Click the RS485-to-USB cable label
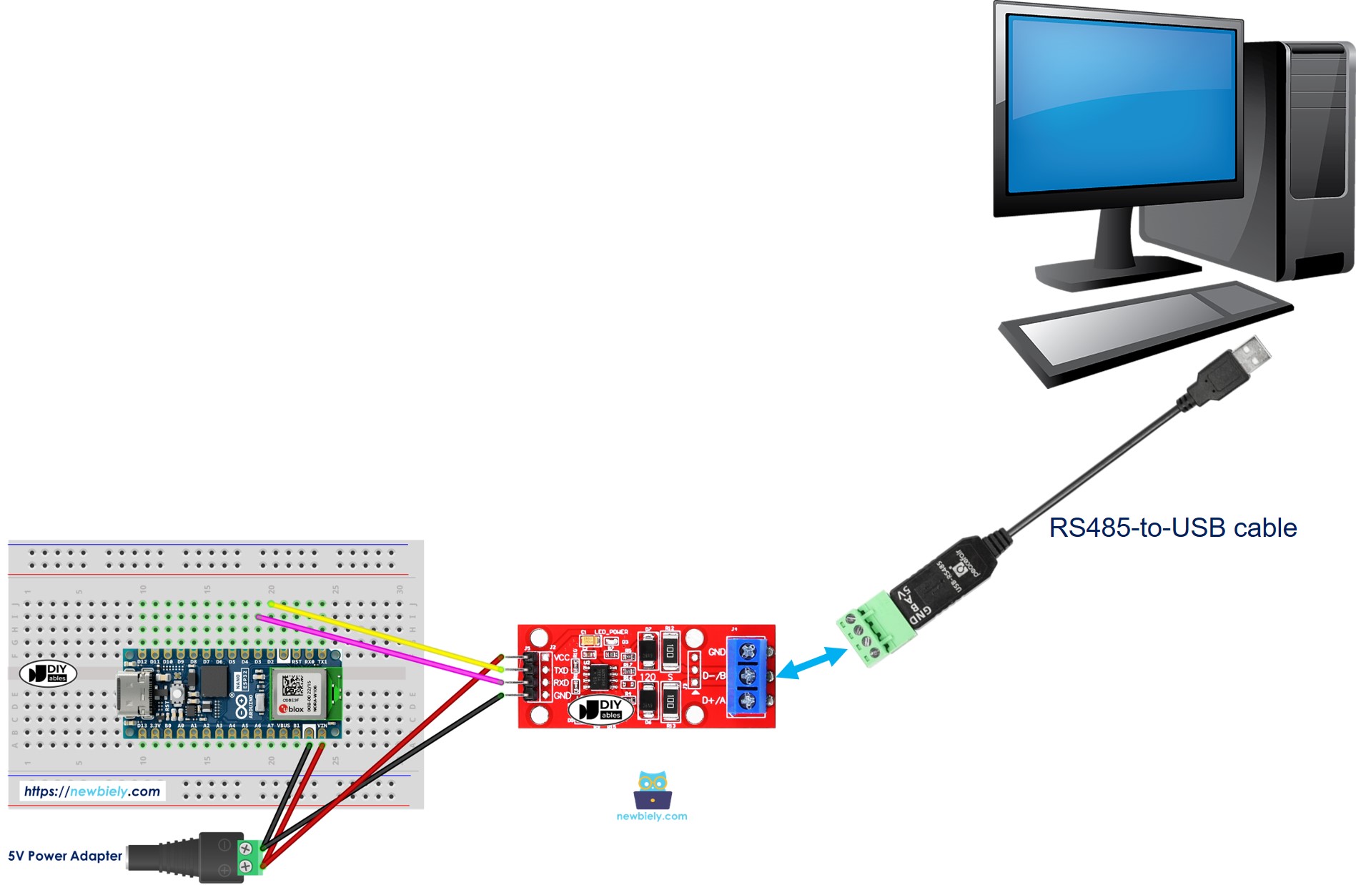(1172, 528)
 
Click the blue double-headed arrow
(811, 663)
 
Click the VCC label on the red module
(562, 657)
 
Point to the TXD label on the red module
(561, 670)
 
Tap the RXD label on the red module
(561, 683)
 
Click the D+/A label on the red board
(713, 700)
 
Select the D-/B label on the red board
(713, 676)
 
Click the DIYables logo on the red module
(601, 708)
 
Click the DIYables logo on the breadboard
(47, 673)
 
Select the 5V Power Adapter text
(65, 856)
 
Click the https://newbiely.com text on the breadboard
(92, 791)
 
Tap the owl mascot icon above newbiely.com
(652, 789)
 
